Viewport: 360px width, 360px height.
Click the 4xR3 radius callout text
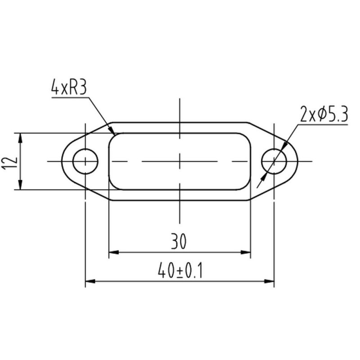point(69,87)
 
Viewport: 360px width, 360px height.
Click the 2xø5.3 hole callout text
point(324,114)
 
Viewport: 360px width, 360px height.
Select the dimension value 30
point(179,241)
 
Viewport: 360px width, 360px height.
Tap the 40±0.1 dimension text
point(180,270)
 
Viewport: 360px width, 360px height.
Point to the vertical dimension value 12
point(9,163)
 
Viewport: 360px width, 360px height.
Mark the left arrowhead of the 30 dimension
point(114,252)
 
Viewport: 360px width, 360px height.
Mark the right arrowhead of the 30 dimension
point(245,252)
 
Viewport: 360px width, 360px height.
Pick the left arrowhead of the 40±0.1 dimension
point(90,281)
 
